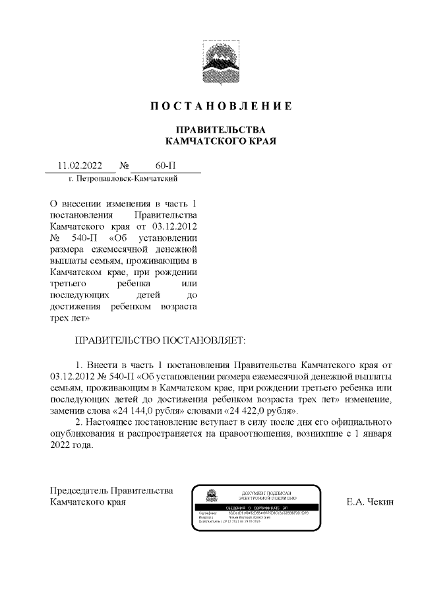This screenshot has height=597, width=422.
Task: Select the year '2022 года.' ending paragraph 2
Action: point(72,445)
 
